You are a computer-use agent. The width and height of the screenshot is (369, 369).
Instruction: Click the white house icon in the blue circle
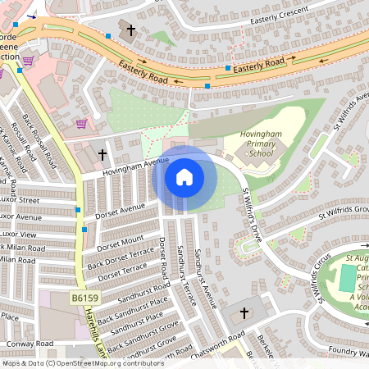184,176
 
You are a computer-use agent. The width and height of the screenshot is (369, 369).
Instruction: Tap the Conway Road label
29,344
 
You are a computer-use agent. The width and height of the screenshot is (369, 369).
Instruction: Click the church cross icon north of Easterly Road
130,30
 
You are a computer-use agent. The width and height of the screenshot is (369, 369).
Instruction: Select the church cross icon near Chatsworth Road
244,313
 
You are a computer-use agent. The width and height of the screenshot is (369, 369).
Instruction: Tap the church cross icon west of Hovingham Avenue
102,154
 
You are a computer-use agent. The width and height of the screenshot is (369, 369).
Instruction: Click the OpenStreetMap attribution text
82,362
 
